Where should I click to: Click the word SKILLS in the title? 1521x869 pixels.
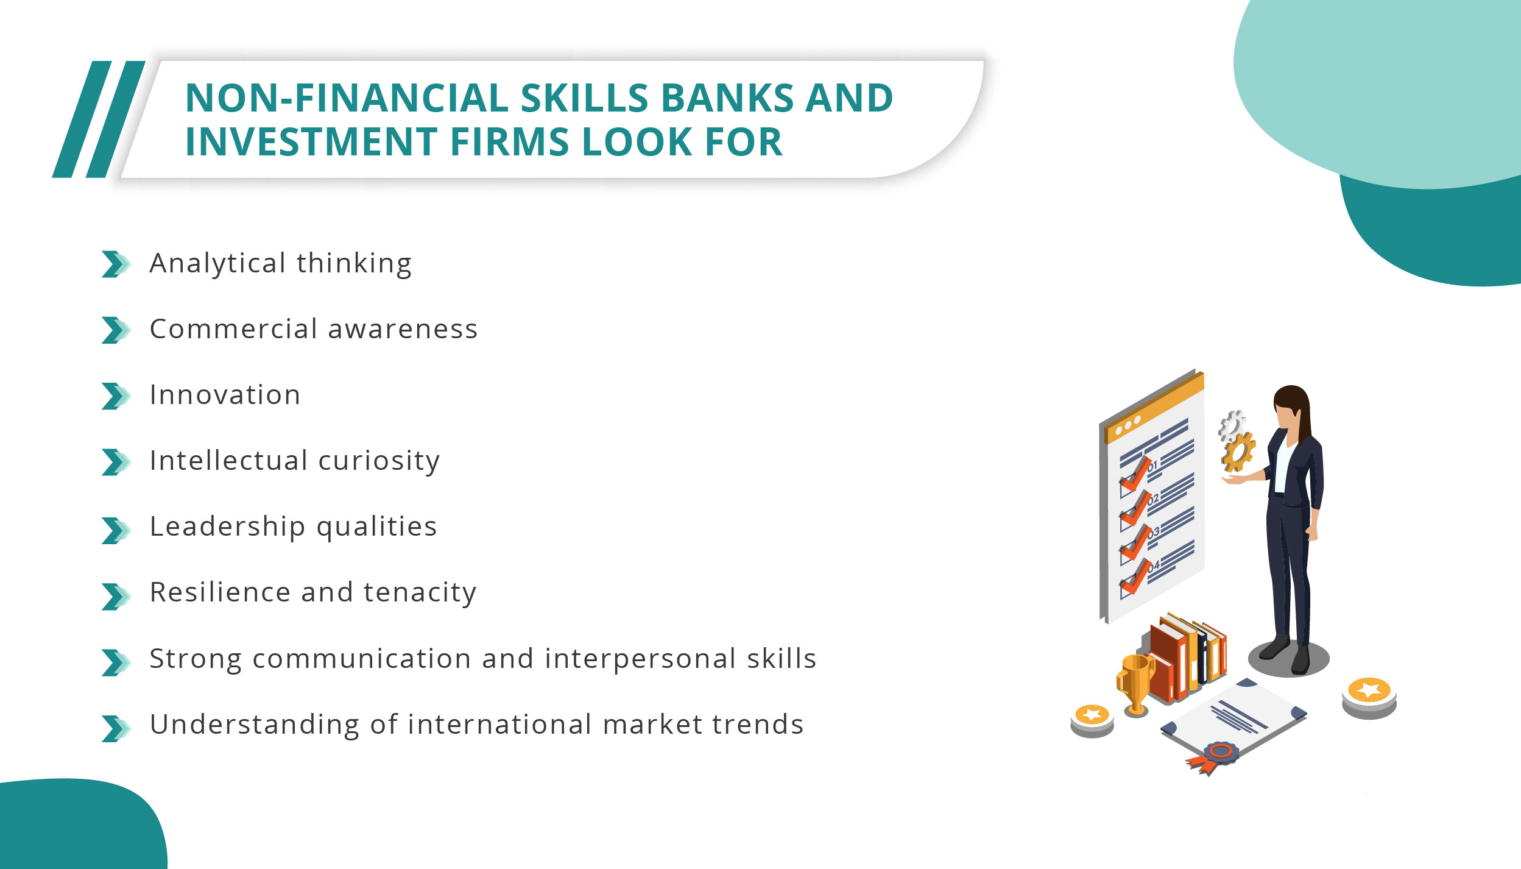584,98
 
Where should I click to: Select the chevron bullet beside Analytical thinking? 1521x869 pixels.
115,264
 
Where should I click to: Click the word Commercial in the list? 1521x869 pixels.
234,329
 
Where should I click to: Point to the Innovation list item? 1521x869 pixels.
225,395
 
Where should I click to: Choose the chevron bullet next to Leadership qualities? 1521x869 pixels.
115,530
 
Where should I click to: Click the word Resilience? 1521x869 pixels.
220,592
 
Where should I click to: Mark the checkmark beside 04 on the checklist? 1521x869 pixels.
1135,576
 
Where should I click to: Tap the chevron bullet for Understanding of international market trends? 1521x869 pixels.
115,728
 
